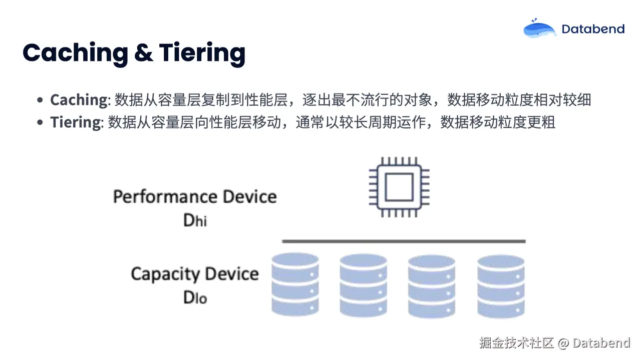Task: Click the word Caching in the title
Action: pyautogui.click(x=76, y=53)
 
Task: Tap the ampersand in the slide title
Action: pyautogui.click(x=144, y=53)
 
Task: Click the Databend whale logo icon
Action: pyautogui.click(x=539, y=29)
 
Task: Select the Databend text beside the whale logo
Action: pyautogui.click(x=593, y=29)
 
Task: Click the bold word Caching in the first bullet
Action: pyautogui.click(x=79, y=100)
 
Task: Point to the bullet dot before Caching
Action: pyautogui.click(x=40, y=100)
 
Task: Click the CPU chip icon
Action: pyautogui.click(x=399, y=187)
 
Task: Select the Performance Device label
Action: pyautogui.click(x=195, y=196)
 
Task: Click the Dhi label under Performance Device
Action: pyautogui.click(x=195, y=220)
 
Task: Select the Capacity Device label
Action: pyautogui.click(x=195, y=274)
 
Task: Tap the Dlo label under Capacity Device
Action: pyautogui.click(x=195, y=297)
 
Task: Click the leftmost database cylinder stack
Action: pyautogui.click(x=295, y=284)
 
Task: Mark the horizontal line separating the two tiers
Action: pyautogui.click(x=404, y=241)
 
